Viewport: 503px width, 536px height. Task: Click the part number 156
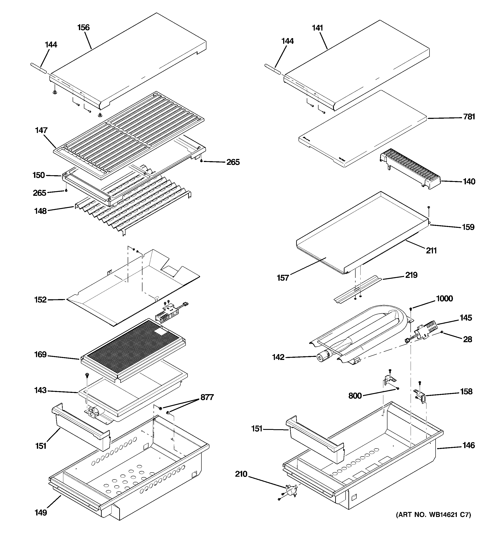tap(83, 28)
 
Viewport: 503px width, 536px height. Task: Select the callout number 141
tap(317, 28)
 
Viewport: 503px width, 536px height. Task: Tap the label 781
tap(469, 117)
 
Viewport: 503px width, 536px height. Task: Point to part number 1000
tap(444, 298)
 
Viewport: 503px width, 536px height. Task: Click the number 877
tap(207, 397)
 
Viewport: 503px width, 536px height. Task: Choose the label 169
tap(41, 354)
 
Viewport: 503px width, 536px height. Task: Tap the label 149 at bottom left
tap(41, 513)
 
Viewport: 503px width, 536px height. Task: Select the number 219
tap(411, 275)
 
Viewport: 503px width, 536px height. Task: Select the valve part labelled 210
tap(291, 490)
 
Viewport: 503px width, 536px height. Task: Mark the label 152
tap(41, 300)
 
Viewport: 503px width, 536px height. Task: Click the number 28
tap(468, 339)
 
